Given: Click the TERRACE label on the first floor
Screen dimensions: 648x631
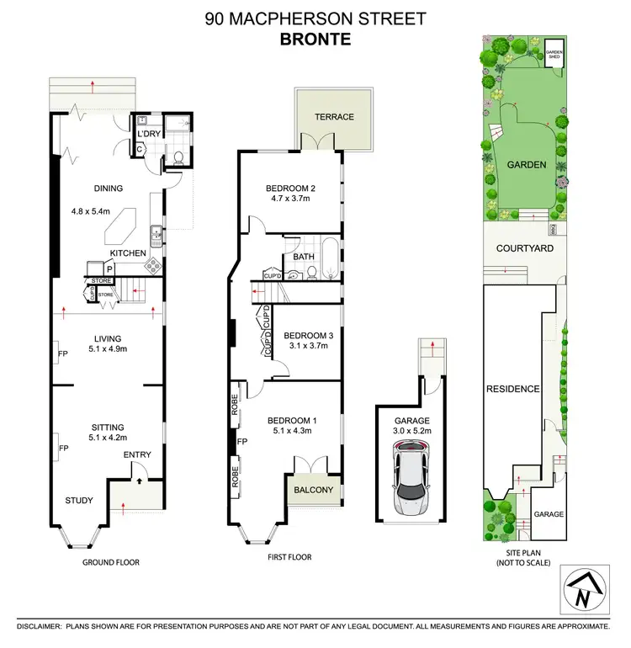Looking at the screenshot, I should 335,117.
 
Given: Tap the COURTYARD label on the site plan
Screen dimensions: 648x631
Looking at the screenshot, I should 525,248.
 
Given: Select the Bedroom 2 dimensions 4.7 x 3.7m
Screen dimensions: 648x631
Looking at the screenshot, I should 289,199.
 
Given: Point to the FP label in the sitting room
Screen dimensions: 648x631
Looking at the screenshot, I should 62,449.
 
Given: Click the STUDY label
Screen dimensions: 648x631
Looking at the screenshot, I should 79,501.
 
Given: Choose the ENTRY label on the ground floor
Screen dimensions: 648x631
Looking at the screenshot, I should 137,455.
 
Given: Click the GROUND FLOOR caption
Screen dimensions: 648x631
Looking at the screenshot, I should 110,562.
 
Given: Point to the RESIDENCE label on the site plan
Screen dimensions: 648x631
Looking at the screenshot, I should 512,390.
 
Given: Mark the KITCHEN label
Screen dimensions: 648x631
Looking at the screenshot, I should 128,252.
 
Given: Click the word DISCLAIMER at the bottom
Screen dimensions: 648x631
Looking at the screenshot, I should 32,628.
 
